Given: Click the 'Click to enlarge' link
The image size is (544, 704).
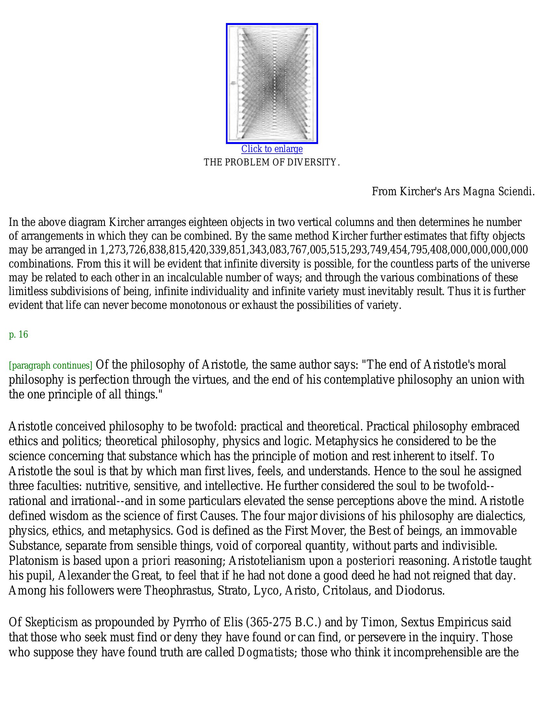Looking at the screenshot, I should tap(272, 149).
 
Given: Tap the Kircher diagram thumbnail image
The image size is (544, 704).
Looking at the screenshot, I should tap(272, 83).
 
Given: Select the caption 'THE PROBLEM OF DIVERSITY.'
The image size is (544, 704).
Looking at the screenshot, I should tap(272, 163).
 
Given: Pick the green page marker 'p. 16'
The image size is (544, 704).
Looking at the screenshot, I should tap(18, 335).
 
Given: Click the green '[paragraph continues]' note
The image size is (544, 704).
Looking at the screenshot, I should tap(51, 365).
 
